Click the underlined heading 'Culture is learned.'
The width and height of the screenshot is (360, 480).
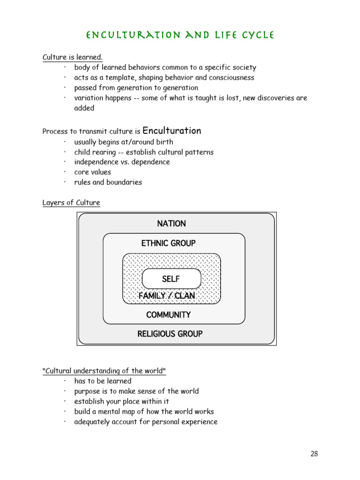click(72, 57)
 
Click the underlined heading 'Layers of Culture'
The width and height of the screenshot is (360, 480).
click(71, 202)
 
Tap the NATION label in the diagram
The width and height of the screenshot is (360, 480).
click(172, 224)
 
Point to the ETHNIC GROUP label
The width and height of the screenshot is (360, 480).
click(168, 243)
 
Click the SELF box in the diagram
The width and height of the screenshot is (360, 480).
click(171, 279)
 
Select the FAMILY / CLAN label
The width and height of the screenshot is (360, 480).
click(166, 296)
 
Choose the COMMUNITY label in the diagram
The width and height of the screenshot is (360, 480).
click(168, 315)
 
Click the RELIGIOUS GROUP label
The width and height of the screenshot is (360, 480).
click(170, 334)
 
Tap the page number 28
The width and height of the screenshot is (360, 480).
click(314, 453)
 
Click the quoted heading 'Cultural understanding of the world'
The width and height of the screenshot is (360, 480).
click(104, 371)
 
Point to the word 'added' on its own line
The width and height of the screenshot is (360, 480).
click(84, 108)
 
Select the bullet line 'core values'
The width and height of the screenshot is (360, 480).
click(92, 172)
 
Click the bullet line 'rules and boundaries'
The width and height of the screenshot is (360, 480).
click(108, 182)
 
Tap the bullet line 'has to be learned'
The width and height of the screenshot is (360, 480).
click(103, 381)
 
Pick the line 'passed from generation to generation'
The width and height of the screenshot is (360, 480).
click(136, 88)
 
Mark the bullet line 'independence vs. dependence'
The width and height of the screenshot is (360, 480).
click(122, 162)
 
